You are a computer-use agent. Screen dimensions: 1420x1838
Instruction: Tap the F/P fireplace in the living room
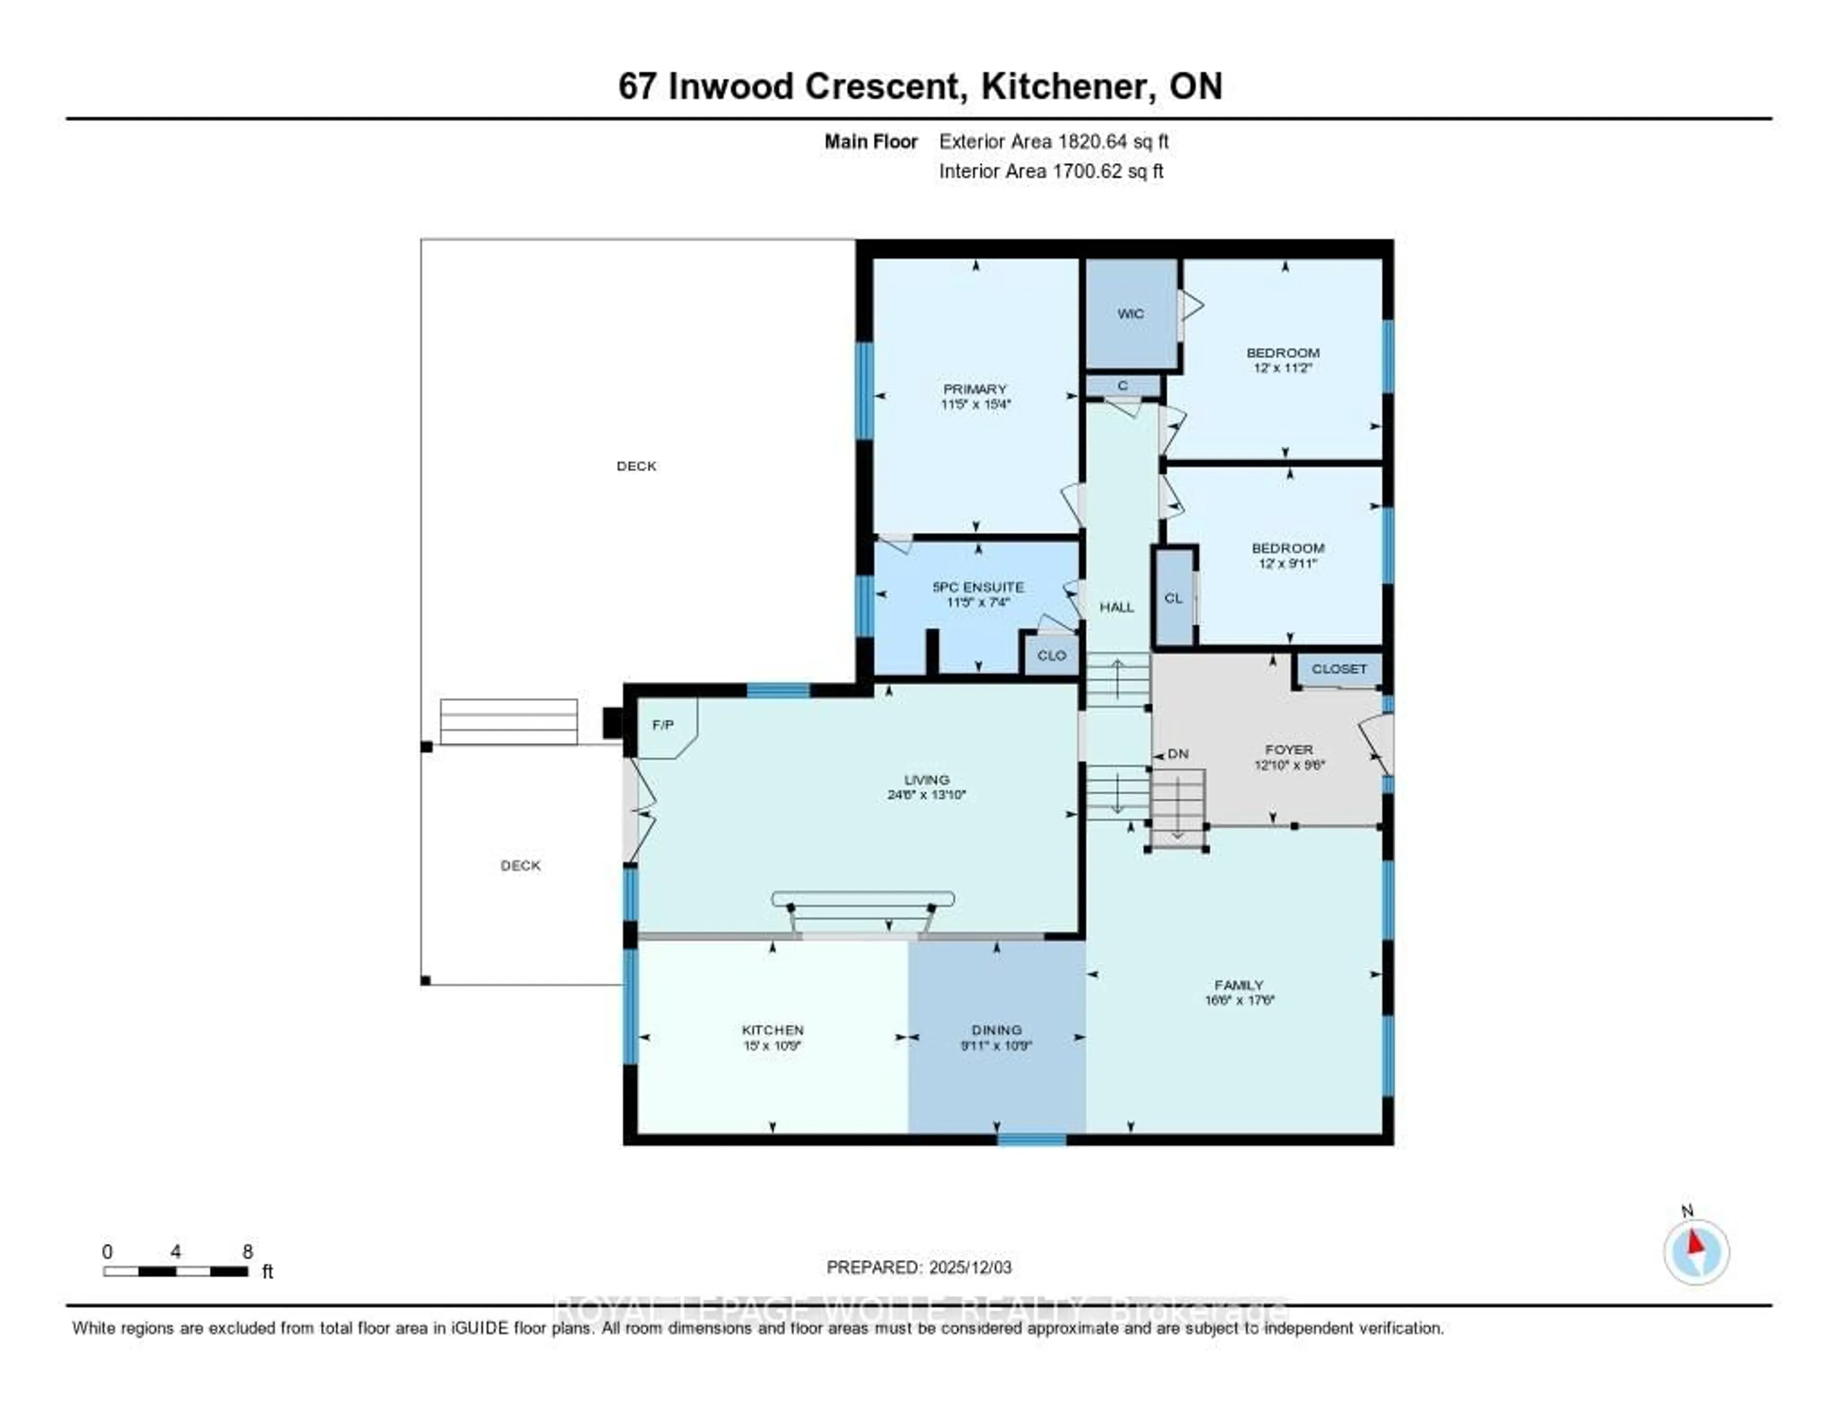(664, 725)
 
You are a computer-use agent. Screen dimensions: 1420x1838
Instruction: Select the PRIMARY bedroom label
(975, 389)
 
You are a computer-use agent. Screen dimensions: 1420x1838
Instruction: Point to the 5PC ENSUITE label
(978, 586)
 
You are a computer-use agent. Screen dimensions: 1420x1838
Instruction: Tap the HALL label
(1117, 607)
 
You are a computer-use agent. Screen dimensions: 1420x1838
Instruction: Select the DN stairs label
(1177, 754)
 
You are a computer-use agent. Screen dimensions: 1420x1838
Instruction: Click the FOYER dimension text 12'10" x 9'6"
(1289, 765)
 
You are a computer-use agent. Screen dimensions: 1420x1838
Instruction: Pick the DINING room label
(997, 1029)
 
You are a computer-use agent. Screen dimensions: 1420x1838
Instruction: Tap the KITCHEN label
(773, 1029)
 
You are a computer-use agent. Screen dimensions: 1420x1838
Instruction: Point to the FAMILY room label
(1239, 985)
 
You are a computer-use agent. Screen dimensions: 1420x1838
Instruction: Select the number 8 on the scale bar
(247, 1251)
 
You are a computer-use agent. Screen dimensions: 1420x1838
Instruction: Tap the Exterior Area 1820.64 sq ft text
(1053, 141)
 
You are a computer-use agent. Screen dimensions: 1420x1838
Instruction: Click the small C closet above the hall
(1122, 385)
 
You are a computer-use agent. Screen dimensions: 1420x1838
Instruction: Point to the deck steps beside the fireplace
(508, 721)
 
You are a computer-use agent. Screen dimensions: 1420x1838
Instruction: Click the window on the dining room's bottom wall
(1032, 1140)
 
